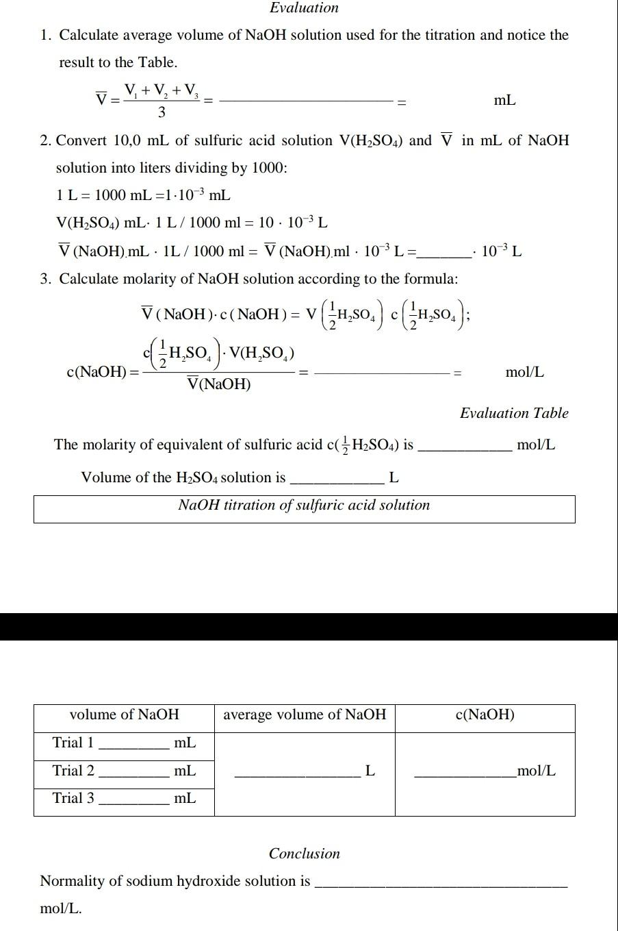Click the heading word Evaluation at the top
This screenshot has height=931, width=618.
pos(304,8)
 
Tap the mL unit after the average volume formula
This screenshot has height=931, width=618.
pos(504,101)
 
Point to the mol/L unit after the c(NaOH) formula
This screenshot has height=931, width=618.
pos(525,372)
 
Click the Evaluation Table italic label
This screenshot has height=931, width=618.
pos(514,413)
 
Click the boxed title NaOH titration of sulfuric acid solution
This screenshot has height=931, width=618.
pos(304,506)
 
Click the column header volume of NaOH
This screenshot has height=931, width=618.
pos(124,715)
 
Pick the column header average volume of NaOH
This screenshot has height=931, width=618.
pos(305,715)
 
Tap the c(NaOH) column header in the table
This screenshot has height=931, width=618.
pos(485,715)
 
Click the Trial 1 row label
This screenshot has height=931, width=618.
pos(73,743)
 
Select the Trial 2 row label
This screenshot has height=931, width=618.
pos(73,771)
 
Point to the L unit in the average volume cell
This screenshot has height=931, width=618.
pos(370,771)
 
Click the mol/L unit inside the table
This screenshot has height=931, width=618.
pos(537,771)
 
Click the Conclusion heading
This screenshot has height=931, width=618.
pos(304,854)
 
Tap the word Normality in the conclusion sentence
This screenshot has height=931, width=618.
pos(72,881)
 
